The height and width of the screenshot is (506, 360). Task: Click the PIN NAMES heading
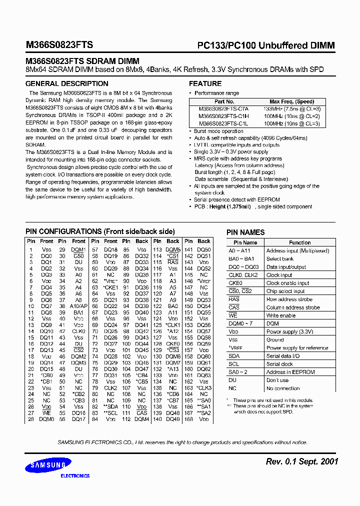245,232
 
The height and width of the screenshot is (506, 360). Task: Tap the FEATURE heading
205,83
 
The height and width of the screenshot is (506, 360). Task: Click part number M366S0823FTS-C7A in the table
222,108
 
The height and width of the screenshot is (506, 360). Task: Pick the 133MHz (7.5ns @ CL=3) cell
292,108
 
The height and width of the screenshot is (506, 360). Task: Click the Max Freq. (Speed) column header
292,101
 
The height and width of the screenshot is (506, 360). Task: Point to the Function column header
299,242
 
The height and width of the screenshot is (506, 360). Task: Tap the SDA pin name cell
234,356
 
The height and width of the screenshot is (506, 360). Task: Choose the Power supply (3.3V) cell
289,331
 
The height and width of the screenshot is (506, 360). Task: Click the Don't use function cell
277,380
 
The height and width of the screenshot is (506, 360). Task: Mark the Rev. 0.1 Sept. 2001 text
302,461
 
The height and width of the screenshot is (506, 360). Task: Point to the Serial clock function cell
280,364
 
